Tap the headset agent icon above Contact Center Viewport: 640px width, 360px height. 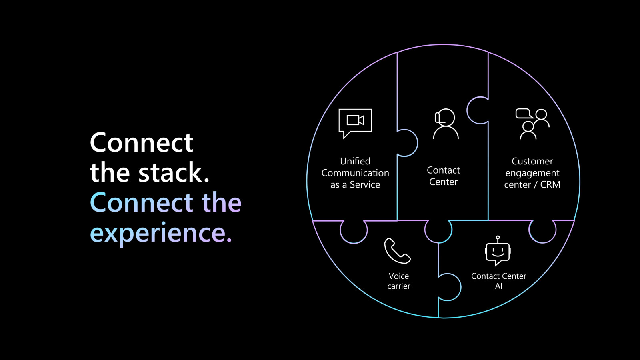(446, 124)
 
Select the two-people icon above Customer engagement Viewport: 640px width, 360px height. (532, 124)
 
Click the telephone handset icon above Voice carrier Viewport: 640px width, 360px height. (398, 250)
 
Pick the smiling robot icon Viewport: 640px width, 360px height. (498, 251)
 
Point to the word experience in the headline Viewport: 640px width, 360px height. (161, 232)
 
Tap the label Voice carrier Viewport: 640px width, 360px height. (398, 281)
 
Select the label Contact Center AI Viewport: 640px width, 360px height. (498, 281)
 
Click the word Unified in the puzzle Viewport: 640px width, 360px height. (355, 161)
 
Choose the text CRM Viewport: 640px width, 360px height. (550, 184)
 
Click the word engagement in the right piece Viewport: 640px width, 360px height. (532, 174)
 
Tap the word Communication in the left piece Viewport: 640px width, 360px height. (355, 173)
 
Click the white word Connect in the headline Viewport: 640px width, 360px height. (142, 142)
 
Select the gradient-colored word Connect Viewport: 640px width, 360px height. (142, 202)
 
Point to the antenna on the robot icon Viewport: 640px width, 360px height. (498, 239)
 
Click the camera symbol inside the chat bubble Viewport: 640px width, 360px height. (355, 120)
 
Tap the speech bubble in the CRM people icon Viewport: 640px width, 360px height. (524, 114)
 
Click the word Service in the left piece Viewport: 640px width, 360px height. (365, 184)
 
